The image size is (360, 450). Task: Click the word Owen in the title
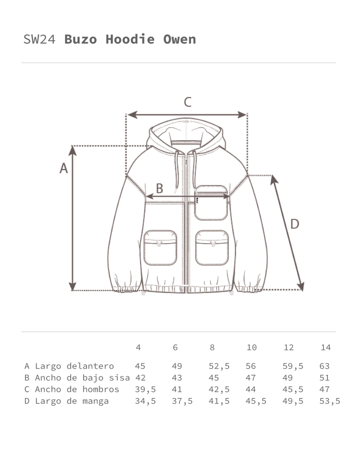point(180,39)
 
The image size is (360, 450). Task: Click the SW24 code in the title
point(39,39)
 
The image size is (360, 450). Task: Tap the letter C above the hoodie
point(188,102)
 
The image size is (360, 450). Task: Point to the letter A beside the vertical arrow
point(64,168)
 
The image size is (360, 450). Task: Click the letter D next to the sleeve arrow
point(295,224)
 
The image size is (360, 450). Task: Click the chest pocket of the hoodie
point(211,202)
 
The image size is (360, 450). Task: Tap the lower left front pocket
point(160,248)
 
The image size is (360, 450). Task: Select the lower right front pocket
point(212,248)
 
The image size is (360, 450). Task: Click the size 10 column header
point(251,348)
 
